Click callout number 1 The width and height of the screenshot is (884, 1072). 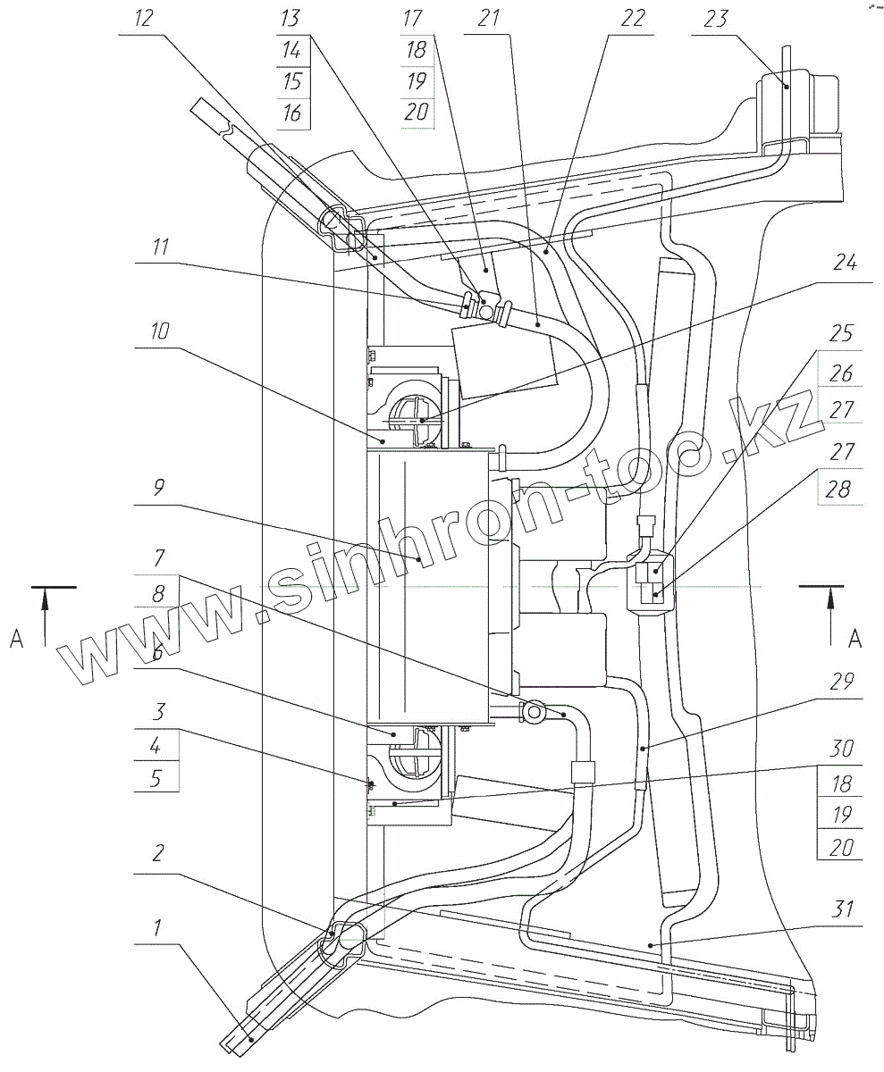click(x=156, y=928)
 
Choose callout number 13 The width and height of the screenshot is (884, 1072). click(x=291, y=19)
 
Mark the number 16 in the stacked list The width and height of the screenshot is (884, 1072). click(x=291, y=113)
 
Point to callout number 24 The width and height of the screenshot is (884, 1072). click(x=841, y=264)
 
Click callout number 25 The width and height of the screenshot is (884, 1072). click(x=841, y=335)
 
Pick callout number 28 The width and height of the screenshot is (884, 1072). click(x=841, y=490)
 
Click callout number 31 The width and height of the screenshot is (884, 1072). click(x=841, y=911)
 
